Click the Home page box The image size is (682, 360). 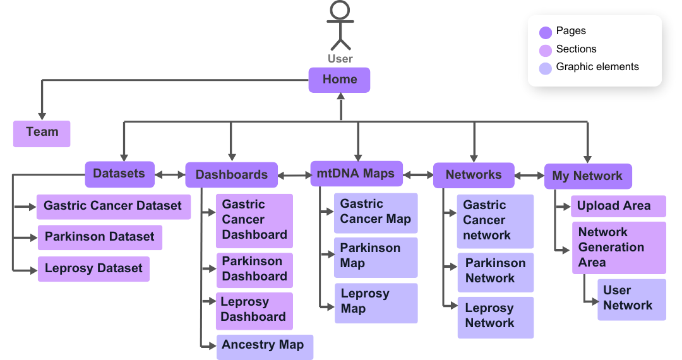[x=339, y=80]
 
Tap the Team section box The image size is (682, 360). [x=42, y=133]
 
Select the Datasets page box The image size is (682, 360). [x=119, y=174]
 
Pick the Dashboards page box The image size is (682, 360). [x=231, y=175]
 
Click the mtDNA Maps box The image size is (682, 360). [x=356, y=174]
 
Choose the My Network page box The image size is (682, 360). [x=588, y=176]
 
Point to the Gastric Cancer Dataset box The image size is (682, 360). [x=114, y=207]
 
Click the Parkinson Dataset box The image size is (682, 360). [x=100, y=237]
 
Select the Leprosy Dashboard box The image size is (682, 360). [x=254, y=310]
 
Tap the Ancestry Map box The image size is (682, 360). [x=264, y=346]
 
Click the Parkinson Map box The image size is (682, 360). [x=376, y=256]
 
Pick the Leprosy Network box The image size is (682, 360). [x=495, y=316]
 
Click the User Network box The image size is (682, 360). [x=631, y=299]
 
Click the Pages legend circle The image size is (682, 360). [x=546, y=32]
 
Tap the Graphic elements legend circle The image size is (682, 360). [x=546, y=68]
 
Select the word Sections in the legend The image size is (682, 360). [x=576, y=49]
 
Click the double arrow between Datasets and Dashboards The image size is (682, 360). [x=170, y=174]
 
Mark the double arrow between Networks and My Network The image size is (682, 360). [x=529, y=176]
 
